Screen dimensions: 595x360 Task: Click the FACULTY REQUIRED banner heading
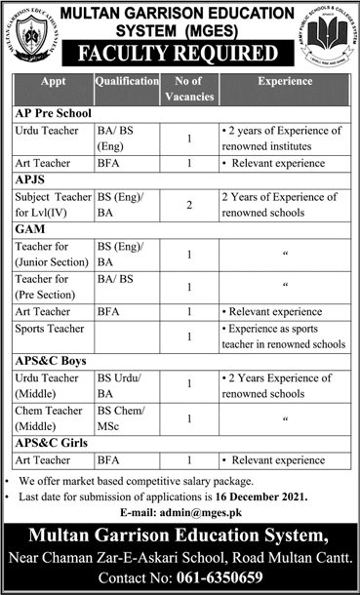[180, 53]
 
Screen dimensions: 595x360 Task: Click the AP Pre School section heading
[49, 114]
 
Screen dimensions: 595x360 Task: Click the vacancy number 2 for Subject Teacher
[186, 206]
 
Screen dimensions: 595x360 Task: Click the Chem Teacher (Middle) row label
[51, 418]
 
